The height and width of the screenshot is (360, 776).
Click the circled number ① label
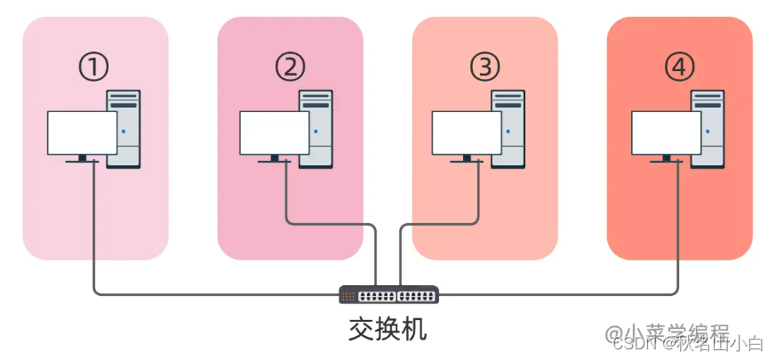(93, 67)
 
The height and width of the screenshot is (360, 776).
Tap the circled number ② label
(290, 67)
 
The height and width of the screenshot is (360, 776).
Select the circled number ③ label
(484, 67)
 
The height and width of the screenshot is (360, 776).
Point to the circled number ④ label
(679, 67)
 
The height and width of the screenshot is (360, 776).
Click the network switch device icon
(388, 294)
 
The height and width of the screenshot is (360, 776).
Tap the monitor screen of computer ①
(82, 132)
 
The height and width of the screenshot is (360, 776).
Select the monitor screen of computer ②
(275, 132)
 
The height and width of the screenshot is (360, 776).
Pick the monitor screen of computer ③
(467, 132)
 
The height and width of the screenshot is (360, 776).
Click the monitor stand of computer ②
(275, 159)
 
